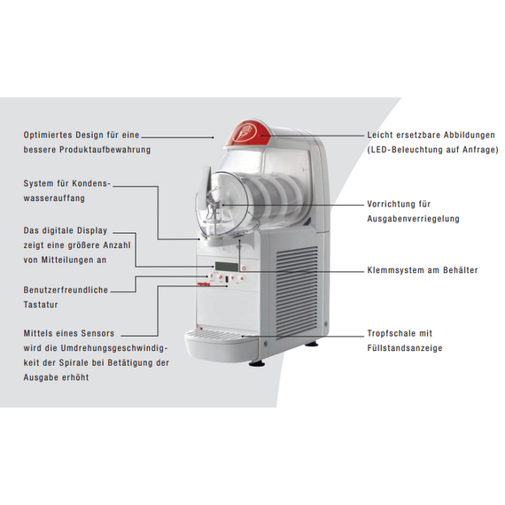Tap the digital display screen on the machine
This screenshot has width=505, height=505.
(227, 267)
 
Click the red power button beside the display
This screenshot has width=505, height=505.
(244, 268)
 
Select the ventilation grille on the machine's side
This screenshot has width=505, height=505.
(297, 291)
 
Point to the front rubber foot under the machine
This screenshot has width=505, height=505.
(257, 363)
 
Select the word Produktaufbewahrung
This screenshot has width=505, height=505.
(105, 150)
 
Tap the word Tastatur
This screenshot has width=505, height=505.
(41, 305)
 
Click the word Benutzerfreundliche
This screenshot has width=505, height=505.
(66, 290)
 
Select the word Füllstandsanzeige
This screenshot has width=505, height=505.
(405, 348)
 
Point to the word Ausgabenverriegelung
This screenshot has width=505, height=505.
(413, 219)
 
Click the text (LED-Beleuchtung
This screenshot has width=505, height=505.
(404, 150)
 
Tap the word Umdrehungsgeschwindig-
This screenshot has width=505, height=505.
(114, 348)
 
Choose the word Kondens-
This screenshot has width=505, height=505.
(91, 183)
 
